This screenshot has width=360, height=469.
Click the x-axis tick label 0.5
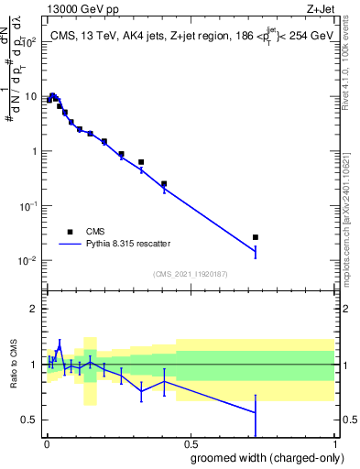191,442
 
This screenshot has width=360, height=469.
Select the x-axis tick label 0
47,442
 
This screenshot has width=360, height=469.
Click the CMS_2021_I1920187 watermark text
190,274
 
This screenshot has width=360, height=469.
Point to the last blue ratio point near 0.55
256,413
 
